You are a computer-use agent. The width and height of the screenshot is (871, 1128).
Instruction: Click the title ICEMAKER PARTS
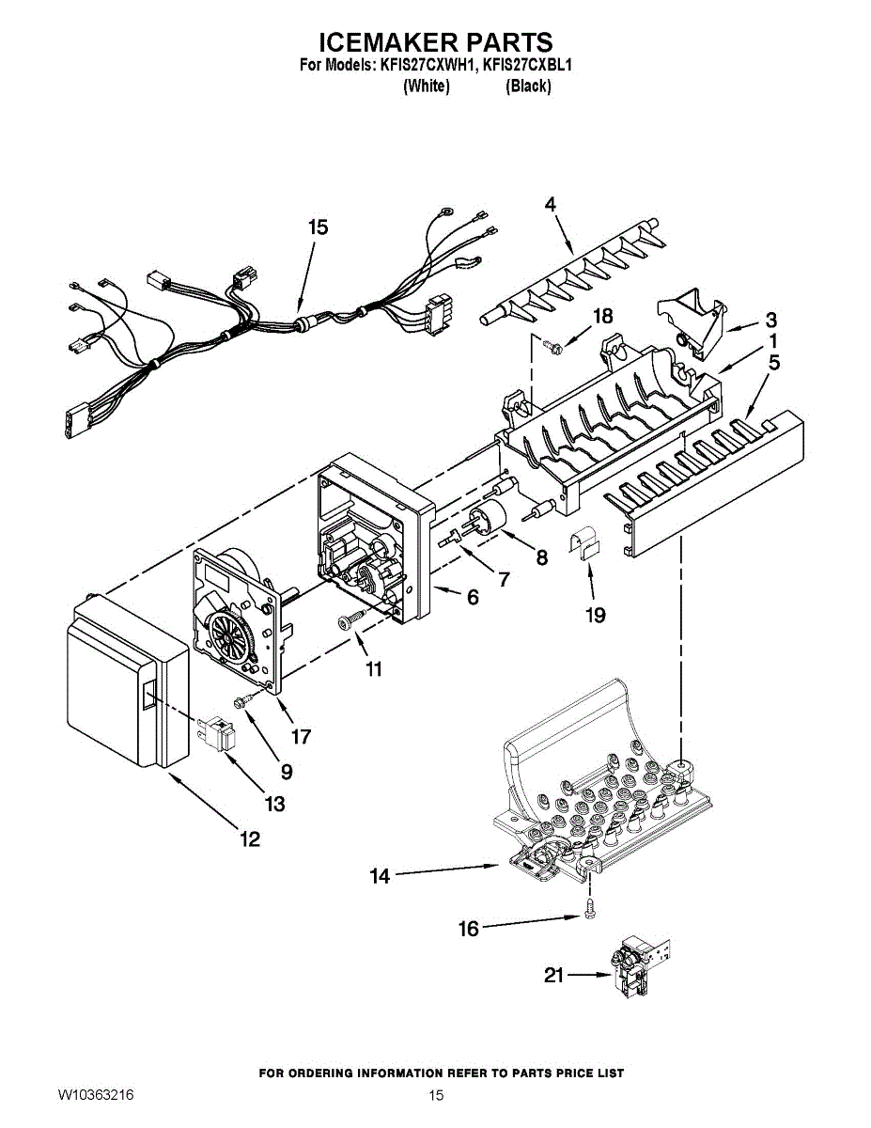click(435, 42)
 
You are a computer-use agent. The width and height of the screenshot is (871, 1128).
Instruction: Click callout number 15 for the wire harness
click(319, 227)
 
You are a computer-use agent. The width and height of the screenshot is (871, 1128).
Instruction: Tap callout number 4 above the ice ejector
click(550, 204)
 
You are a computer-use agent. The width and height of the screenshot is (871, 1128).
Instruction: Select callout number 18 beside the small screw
click(602, 317)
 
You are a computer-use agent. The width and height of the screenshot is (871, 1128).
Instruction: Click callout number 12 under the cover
click(249, 839)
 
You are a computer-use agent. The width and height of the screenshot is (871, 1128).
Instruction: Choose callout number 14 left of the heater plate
click(380, 876)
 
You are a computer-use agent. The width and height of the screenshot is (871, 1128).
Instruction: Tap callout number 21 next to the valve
click(554, 976)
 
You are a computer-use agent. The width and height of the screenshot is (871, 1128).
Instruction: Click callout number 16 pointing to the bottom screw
click(468, 929)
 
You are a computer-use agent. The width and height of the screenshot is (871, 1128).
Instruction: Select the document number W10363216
click(96, 1095)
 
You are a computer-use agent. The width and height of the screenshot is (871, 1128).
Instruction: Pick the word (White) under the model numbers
click(426, 86)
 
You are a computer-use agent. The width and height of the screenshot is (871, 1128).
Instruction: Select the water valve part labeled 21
click(631, 968)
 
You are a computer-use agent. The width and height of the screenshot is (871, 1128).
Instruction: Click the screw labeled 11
click(350, 618)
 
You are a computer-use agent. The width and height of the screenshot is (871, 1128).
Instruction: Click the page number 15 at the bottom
click(435, 1095)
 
